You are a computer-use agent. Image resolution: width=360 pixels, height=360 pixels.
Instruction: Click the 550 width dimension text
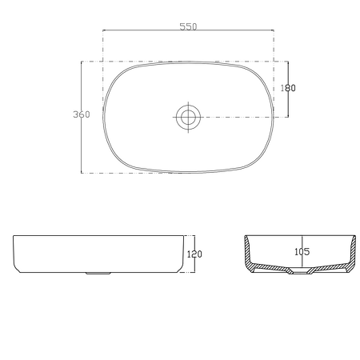[187, 26]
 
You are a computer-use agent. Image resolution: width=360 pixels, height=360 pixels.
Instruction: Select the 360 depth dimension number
[81, 114]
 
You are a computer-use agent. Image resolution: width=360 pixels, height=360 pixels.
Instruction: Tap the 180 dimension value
[289, 88]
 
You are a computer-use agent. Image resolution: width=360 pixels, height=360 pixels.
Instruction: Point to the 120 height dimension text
[194, 254]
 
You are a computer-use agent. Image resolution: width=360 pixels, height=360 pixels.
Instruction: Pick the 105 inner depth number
[302, 250]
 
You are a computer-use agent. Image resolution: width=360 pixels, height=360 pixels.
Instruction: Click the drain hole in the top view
[188, 117]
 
